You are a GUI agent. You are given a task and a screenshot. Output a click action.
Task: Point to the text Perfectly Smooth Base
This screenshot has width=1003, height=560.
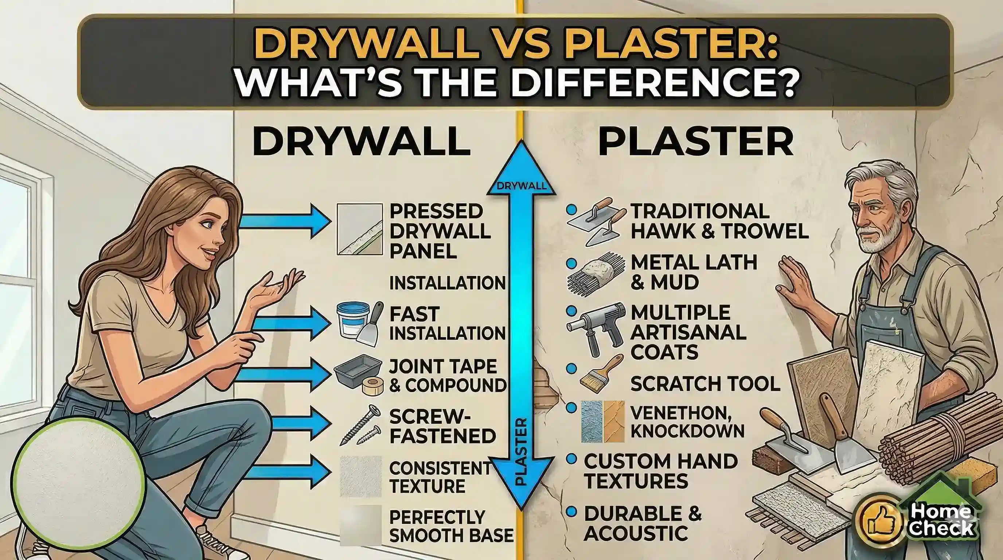[x=451, y=526]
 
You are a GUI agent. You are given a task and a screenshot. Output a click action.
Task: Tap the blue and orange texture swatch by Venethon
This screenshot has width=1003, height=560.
[x=603, y=421]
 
